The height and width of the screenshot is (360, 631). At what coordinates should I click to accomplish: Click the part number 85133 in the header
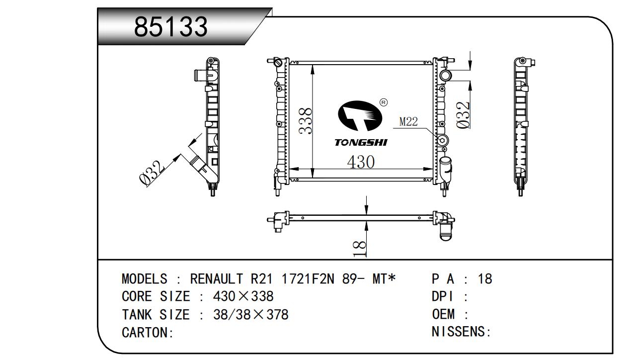[171, 27]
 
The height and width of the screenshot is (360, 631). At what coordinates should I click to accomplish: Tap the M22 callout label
[408, 122]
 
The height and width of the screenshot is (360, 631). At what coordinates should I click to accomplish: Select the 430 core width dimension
[361, 162]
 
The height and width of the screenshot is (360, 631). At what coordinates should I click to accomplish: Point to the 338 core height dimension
[306, 121]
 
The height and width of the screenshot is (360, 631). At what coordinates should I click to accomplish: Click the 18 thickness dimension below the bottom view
[360, 249]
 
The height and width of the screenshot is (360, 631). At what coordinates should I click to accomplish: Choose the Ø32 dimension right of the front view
[463, 115]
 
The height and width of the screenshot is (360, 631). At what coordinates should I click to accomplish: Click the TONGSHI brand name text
[361, 143]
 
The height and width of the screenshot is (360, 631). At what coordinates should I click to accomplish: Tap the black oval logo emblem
[360, 116]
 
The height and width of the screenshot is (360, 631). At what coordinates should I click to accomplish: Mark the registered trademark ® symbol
[384, 102]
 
